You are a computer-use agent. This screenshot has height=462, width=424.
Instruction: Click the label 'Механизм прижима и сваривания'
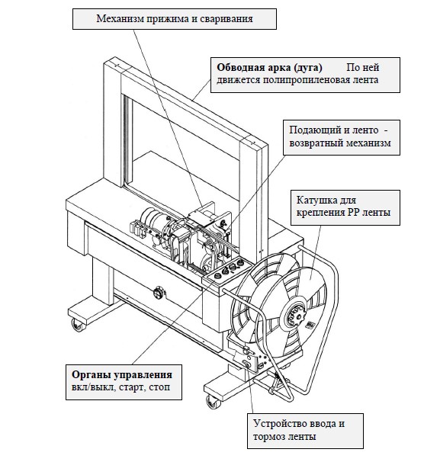coord(175,18)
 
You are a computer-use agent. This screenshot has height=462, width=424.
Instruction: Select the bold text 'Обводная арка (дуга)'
coord(269,68)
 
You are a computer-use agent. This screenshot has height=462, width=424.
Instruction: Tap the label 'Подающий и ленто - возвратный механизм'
coord(339,136)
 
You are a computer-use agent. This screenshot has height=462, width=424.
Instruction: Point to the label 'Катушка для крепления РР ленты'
coord(343,207)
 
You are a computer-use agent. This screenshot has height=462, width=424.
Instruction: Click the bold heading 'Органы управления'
coord(122,374)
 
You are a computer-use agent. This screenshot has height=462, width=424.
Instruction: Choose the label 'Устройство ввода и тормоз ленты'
coord(299,430)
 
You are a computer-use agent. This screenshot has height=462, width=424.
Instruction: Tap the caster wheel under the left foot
coord(78,326)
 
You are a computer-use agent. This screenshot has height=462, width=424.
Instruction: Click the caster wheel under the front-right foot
coord(214,402)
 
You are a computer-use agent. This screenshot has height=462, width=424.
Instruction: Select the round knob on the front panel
coord(158,293)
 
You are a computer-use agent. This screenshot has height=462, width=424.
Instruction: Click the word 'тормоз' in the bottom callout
coord(268,436)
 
